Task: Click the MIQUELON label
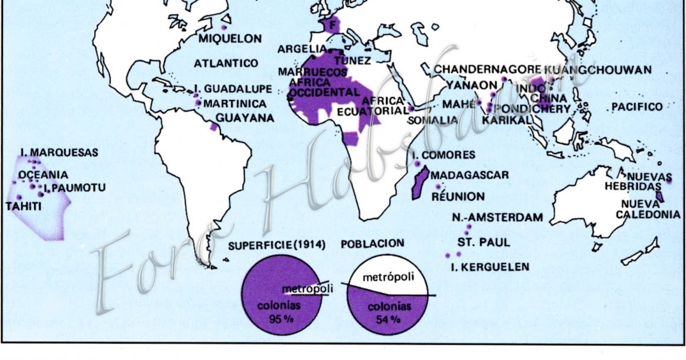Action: click(x=229, y=39)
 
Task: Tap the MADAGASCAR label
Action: click(x=469, y=175)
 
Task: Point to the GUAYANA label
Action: click(x=245, y=118)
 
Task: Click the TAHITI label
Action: click(x=24, y=206)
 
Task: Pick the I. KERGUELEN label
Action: click(x=489, y=267)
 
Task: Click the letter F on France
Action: click(x=333, y=25)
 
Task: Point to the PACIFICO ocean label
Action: click(x=637, y=106)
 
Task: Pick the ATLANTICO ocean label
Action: click(x=226, y=63)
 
